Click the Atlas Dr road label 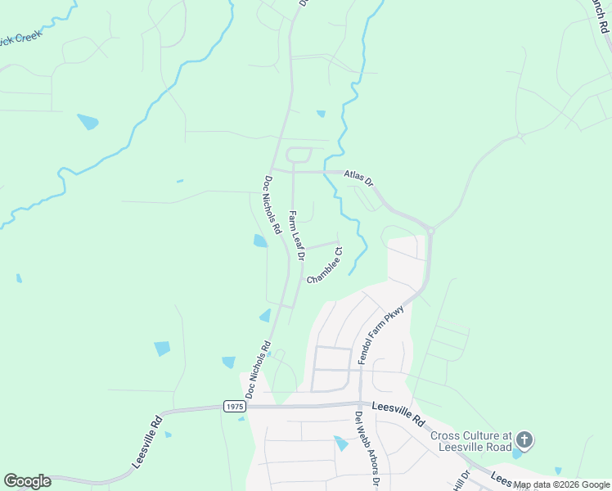358,177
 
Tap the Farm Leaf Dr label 296,235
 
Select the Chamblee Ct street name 325,266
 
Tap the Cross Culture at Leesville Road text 470,441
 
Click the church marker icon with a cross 524,441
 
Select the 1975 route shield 234,406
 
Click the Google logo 27,481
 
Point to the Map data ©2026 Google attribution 561,485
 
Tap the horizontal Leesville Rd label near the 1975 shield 398,411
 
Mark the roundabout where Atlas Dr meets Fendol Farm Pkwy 430,231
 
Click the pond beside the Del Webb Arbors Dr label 341,443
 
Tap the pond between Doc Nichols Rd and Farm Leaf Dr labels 260,241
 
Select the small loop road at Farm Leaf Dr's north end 299,155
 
